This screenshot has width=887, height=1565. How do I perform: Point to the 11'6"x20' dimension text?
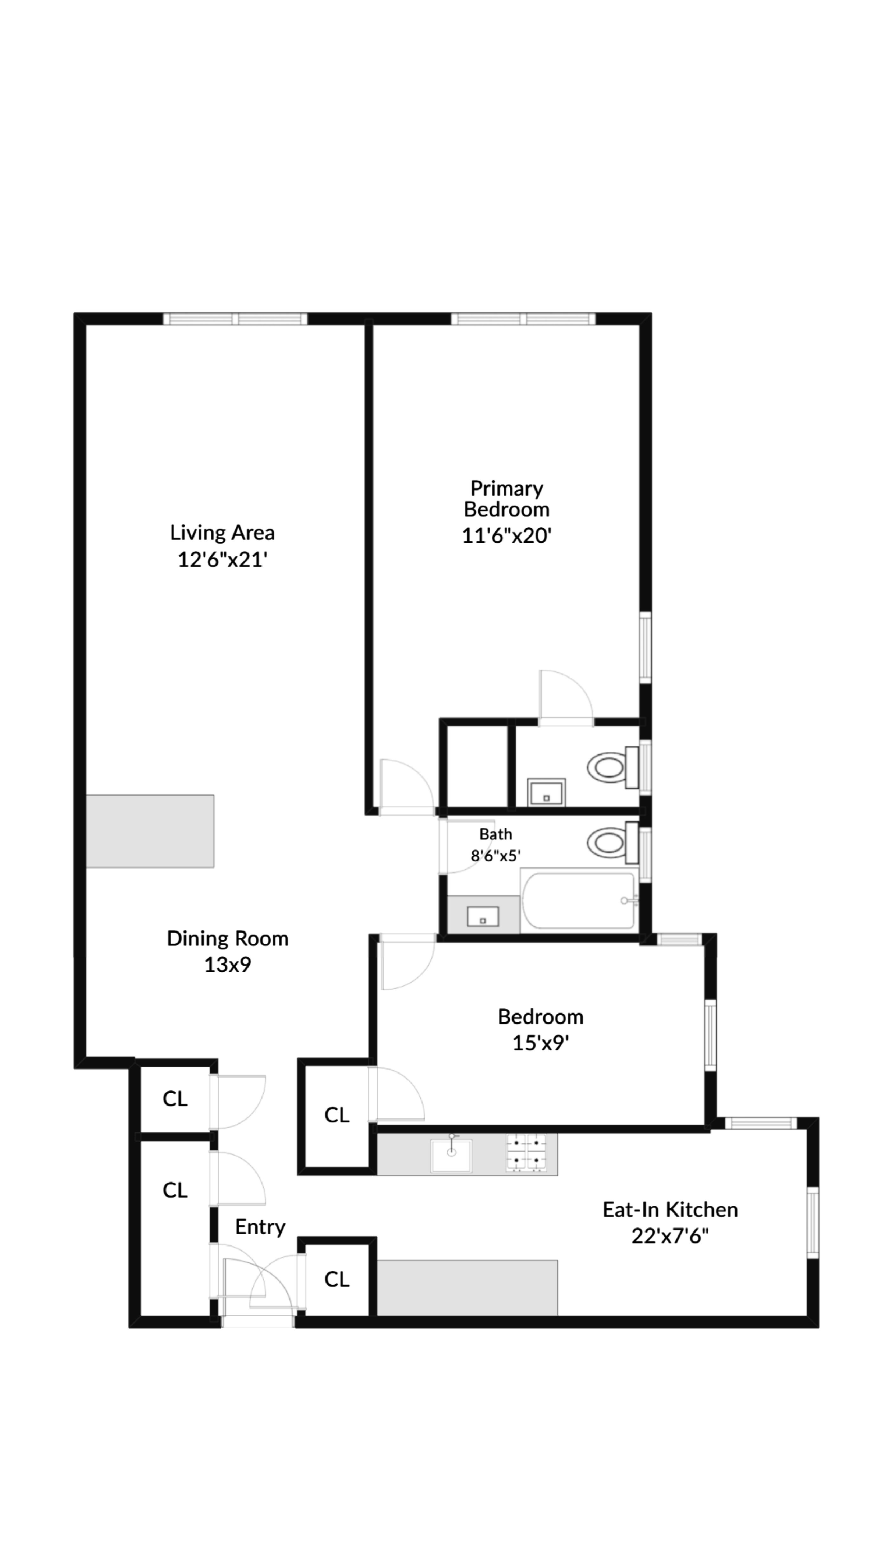pyautogui.click(x=506, y=535)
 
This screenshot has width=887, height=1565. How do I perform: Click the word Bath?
pyautogui.click(x=495, y=834)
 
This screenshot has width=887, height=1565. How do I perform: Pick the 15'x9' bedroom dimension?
pyautogui.click(x=540, y=1043)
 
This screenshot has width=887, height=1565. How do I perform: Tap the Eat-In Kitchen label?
pyautogui.click(x=670, y=1209)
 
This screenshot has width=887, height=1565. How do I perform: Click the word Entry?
pyautogui.click(x=260, y=1226)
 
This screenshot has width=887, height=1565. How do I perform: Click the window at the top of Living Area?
pyautogui.click(x=235, y=319)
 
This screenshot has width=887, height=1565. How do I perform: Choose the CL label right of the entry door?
pyautogui.click(x=336, y=1279)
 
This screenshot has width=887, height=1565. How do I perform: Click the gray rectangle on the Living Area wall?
pyautogui.click(x=150, y=831)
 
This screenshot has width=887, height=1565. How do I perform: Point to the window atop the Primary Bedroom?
pyautogui.click(x=523, y=319)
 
